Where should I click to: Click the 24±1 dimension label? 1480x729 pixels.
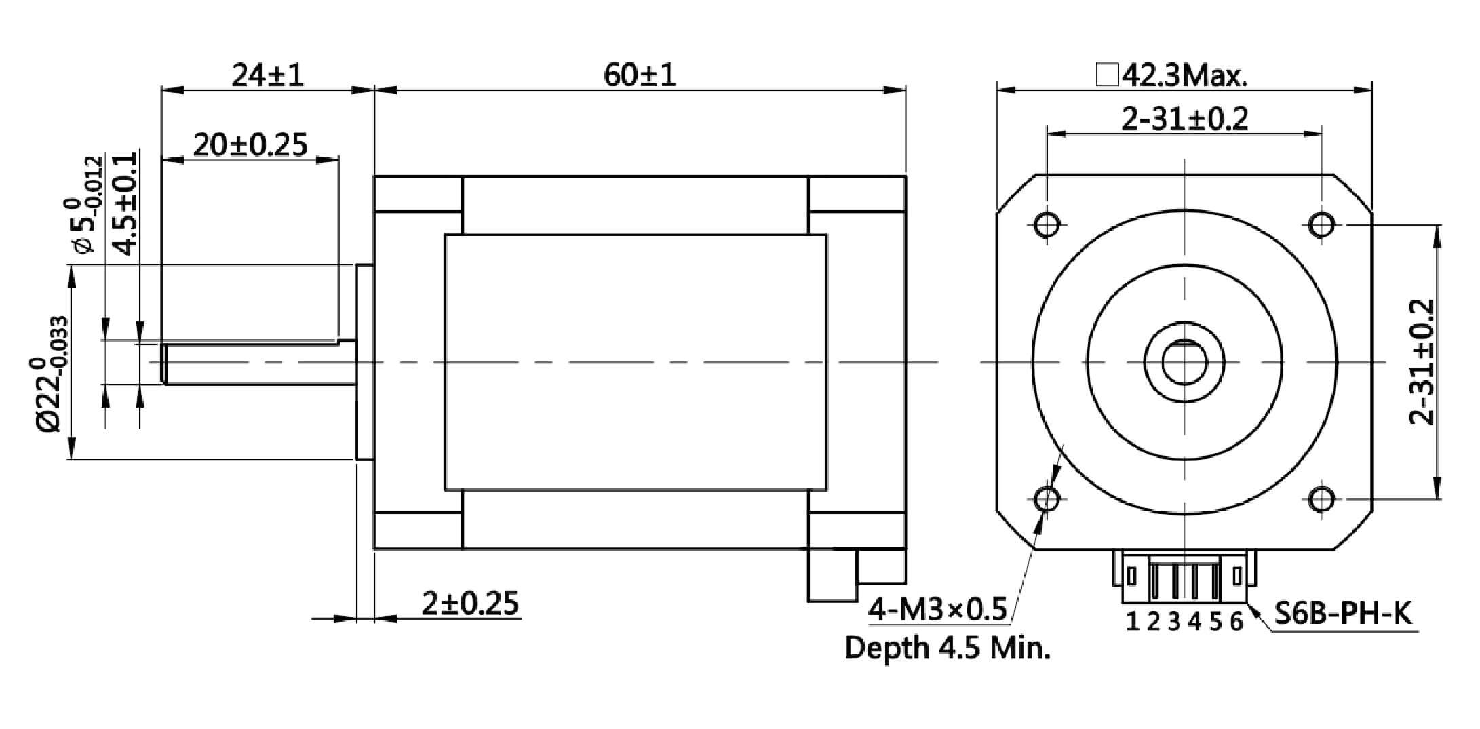click(267, 75)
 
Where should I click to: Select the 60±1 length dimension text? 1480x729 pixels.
click(640, 75)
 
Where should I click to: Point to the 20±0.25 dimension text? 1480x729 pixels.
click(250, 144)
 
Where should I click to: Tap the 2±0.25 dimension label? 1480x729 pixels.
click(469, 603)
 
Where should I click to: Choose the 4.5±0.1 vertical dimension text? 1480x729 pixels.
click(125, 203)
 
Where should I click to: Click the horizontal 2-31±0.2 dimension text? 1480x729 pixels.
click(1184, 119)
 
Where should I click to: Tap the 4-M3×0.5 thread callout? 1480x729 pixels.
click(938, 610)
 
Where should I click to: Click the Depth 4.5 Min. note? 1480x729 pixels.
click(947, 648)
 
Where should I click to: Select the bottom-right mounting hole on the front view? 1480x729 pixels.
click(1322, 500)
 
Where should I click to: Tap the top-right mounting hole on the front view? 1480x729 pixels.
click(1322, 223)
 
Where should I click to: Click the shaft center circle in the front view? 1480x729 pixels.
click(1184, 362)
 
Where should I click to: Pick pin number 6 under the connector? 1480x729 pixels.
click(1236, 620)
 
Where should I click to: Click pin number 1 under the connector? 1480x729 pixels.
click(1132, 620)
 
